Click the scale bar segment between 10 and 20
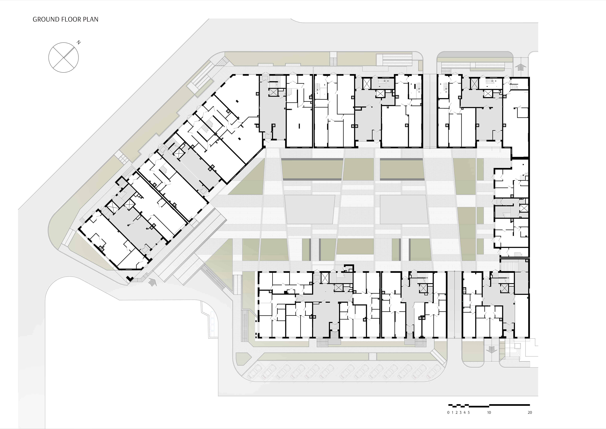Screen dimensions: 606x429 [x=509, y=405]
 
